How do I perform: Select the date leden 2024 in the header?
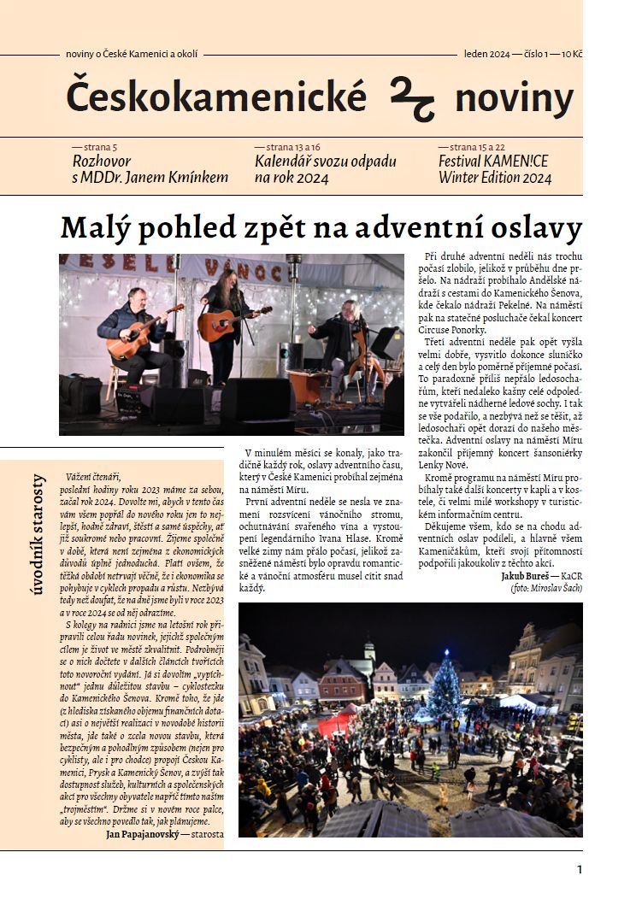click(x=487, y=54)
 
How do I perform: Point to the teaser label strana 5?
click(x=95, y=147)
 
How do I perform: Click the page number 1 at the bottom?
click(x=580, y=870)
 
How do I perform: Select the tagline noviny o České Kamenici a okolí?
click(x=131, y=54)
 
